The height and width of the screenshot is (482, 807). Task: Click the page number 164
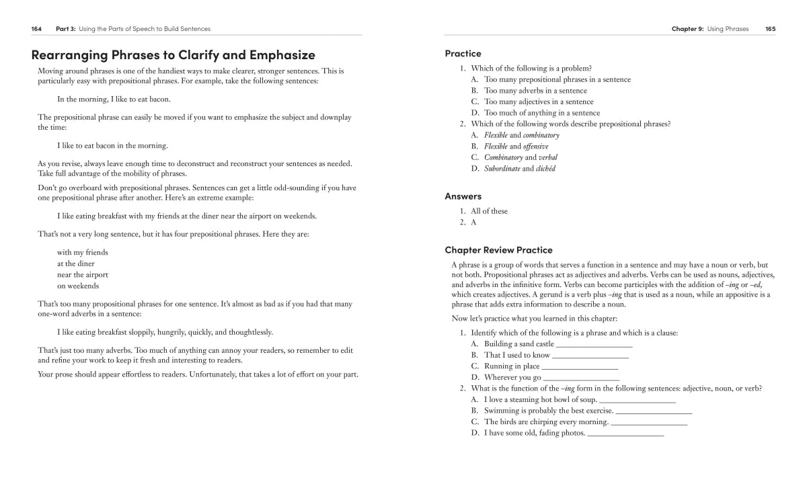(x=36, y=29)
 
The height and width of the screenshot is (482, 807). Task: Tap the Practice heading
(x=463, y=53)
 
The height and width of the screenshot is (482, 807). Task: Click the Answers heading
(x=463, y=196)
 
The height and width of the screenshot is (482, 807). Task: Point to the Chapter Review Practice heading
(x=498, y=250)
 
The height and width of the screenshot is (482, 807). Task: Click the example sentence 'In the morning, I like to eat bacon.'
(x=114, y=99)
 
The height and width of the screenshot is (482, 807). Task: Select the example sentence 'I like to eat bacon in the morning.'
(x=112, y=146)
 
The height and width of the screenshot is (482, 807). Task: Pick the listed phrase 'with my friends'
(x=82, y=253)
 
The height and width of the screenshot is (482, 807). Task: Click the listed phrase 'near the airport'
(x=82, y=275)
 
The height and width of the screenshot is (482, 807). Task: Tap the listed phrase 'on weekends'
(x=77, y=286)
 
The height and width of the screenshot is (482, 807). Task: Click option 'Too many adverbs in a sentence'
(x=535, y=91)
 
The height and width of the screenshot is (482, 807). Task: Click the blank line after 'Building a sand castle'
(x=594, y=345)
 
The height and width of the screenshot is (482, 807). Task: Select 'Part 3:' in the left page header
(x=65, y=29)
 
